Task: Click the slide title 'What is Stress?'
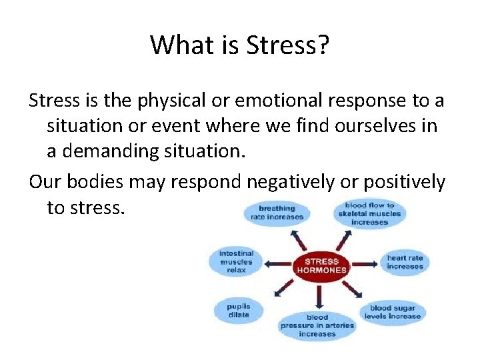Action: (x=239, y=45)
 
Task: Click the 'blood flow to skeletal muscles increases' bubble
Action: (x=369, y=213)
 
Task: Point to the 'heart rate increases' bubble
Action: (x=405, y=262)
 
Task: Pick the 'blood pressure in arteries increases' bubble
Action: (x=317, y=325)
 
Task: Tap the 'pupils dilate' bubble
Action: (x=238, y=311)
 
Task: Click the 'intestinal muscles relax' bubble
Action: (x=237, y=261)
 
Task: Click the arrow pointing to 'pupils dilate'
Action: (x=276, y=291)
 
